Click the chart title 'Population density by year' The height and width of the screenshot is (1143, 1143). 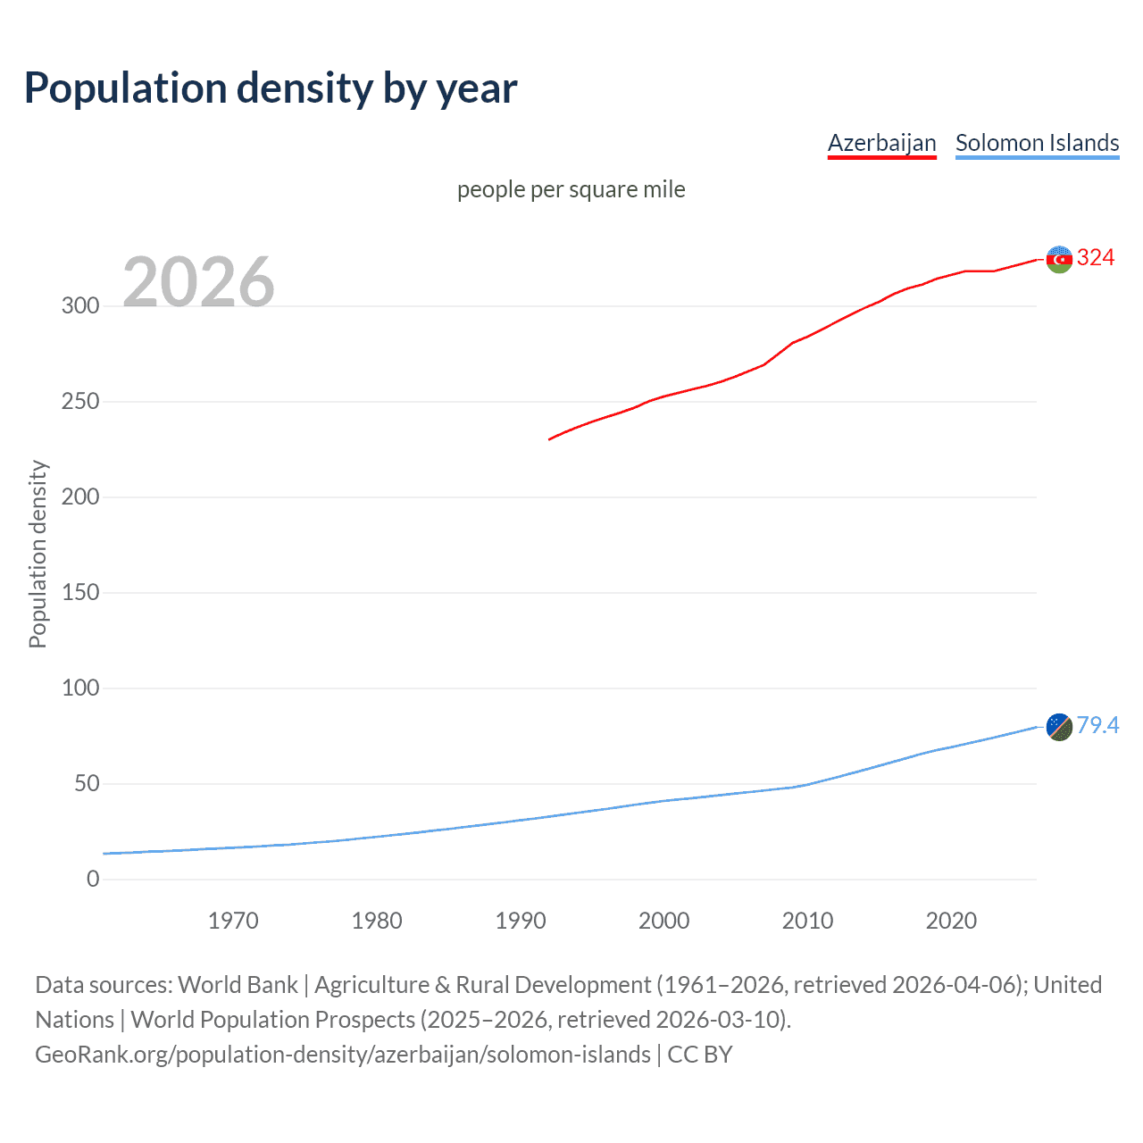271,88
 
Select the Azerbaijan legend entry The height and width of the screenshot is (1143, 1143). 881,143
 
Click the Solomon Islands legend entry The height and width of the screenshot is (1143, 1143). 1037,143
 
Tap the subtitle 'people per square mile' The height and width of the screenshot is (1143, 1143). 571,189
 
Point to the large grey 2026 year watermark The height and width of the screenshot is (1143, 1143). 198,282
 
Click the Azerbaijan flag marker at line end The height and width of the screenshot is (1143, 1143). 1058,259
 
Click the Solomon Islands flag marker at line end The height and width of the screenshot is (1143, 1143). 1058,727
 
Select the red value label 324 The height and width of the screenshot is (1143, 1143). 1096,258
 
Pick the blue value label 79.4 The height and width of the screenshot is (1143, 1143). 1097,725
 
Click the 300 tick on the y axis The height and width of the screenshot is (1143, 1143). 80,305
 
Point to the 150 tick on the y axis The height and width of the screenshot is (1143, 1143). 80,592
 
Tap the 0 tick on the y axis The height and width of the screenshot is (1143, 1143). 93,879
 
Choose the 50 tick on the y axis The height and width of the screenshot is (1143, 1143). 87,783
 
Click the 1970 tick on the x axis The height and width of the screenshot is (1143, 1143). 233,921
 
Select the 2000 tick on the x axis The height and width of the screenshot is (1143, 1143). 663,921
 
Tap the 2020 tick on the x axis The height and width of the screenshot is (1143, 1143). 951,921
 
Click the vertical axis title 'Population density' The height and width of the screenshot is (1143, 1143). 38,554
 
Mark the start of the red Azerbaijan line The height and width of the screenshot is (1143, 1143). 550,438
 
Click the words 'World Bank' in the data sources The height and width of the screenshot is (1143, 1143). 238,985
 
